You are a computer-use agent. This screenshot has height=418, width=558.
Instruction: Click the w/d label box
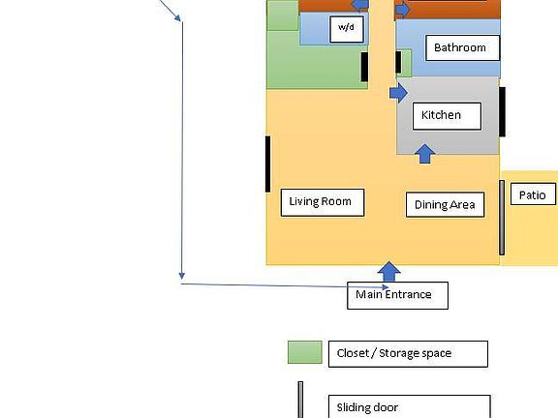point(347,29)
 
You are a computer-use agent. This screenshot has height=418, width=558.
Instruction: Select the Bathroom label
point(459,47)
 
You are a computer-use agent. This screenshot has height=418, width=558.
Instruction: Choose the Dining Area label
point(444,204)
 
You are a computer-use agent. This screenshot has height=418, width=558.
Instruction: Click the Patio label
point(532,194)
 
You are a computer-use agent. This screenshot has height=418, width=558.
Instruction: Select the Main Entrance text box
point(397,295)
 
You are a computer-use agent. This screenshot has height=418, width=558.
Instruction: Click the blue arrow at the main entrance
point(389,271)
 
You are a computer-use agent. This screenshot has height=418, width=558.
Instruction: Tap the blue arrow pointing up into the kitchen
point(424,153)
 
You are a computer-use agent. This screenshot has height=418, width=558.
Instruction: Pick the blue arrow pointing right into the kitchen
point(398,93)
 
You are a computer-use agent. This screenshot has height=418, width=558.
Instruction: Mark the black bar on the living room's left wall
point(267,164)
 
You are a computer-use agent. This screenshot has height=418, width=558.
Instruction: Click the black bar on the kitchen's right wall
point(503,111)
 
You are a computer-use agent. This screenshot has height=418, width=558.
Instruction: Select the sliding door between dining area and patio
point(502,218)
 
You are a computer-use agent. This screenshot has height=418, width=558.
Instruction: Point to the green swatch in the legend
point(305,352)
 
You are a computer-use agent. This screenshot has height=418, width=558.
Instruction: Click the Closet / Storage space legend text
point(407,353)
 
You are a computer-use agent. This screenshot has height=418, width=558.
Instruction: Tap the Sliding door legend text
point(408,407)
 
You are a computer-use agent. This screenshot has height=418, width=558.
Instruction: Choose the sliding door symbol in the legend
point(300,401)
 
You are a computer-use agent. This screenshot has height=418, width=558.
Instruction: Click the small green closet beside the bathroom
point(405,63)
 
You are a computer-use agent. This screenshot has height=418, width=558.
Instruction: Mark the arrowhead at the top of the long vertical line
point(176,16)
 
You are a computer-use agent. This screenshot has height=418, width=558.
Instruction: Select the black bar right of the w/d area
point(365,68)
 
